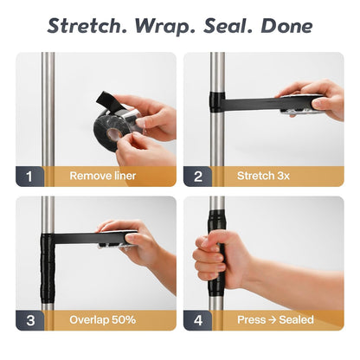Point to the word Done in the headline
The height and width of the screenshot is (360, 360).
click(286, 26)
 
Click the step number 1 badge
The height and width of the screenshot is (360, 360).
click(29, 177)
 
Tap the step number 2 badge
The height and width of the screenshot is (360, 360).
click(198, 177)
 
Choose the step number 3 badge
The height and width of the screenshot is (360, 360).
click(30, 320)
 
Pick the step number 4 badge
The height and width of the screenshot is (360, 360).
click(198, 320)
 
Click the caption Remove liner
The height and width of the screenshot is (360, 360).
click(103, 176)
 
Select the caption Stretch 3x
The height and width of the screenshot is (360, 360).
click(263, 176)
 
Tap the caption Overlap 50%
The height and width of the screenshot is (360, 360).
click(102, 319)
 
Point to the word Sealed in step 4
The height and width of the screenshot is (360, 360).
click(296, 319)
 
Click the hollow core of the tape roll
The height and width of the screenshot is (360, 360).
click(114, 133)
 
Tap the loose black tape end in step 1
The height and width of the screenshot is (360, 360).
click(106, 99)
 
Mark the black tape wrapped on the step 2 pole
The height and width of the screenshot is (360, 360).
click(217, 102)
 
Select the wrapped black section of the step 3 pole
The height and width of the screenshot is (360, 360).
click(48, 268)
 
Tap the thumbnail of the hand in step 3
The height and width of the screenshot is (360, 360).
click(131, 238)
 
